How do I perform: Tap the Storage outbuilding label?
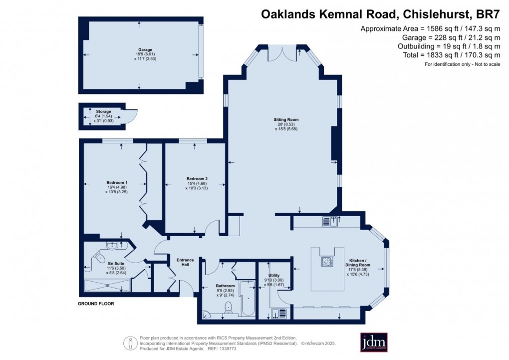104,111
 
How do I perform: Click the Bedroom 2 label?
197,179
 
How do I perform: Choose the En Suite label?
102,264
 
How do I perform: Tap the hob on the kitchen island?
327,261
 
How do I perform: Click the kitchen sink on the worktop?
329,222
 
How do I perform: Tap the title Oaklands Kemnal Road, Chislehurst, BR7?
381,14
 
